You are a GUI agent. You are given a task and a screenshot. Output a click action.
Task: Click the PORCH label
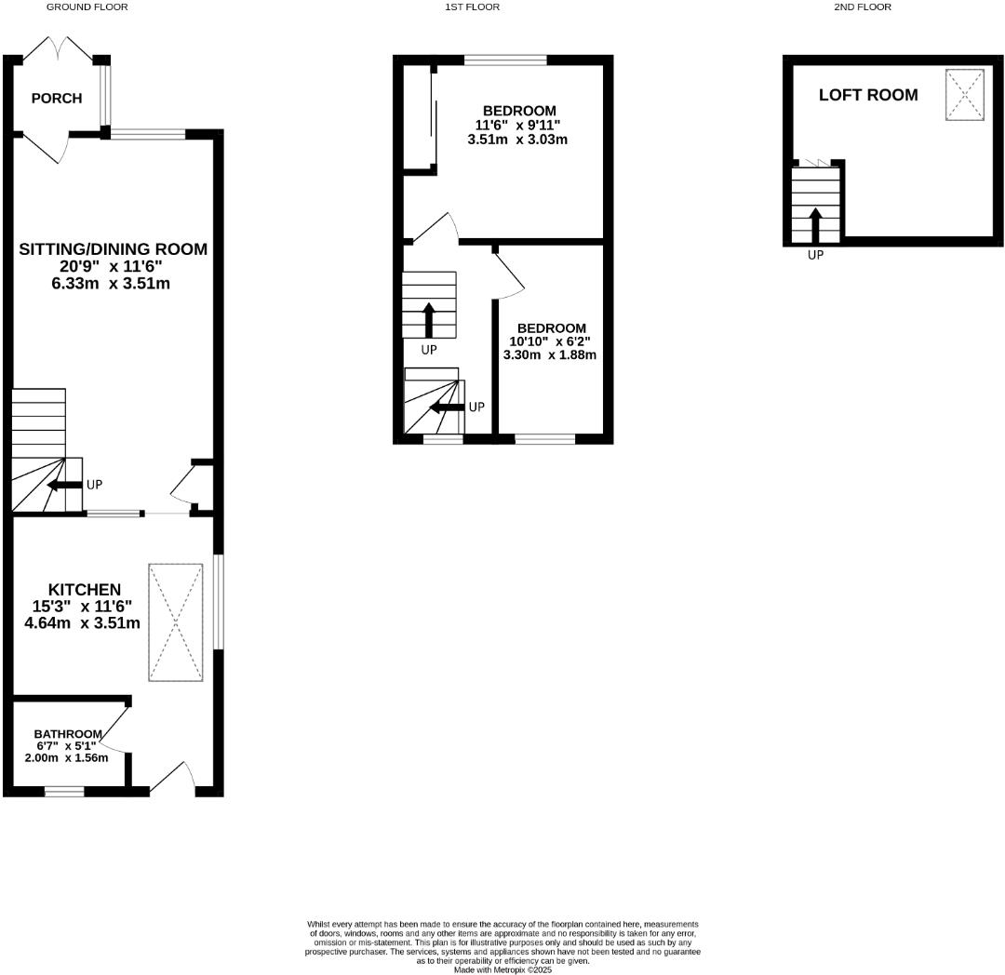pos(56,99)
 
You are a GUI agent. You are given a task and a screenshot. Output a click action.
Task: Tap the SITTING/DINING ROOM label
pos(113,249)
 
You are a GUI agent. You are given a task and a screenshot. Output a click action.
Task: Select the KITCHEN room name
pos(84,590)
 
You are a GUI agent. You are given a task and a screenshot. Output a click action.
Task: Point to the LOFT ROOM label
pos(867,95)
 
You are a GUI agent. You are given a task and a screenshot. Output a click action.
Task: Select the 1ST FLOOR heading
pos(472,7)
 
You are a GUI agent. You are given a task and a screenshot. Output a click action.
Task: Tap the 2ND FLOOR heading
pos(862,7)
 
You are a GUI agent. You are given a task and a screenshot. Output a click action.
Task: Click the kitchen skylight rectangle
pos(175,621)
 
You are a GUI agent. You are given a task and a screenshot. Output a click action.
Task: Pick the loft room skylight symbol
pos(965,95)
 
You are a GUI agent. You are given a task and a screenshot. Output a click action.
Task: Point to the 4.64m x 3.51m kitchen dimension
pos(82,622)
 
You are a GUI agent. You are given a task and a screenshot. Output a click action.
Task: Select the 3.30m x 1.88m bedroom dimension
pos(549,354)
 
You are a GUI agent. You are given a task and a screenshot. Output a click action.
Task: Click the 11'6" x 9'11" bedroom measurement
pos(517,126)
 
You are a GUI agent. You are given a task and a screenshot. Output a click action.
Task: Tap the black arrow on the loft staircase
pos(816,224)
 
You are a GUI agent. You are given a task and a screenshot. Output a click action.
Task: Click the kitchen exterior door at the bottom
pos(173,780)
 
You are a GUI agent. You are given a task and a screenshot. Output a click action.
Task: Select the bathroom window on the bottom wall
pos(64,792)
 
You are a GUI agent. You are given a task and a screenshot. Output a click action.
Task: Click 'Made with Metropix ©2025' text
pos(502,969)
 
